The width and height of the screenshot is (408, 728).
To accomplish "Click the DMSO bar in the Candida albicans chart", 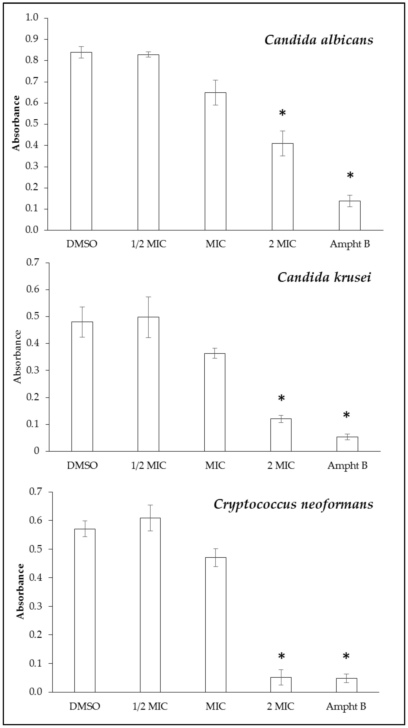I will click(81, 141).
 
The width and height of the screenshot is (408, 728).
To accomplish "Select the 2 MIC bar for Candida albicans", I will click(282, 186).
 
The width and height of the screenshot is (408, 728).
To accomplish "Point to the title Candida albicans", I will click(319, 40).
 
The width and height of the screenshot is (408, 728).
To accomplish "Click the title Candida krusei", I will click(324, 277).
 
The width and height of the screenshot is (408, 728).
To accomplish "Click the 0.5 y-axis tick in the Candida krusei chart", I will click(33, 316).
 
